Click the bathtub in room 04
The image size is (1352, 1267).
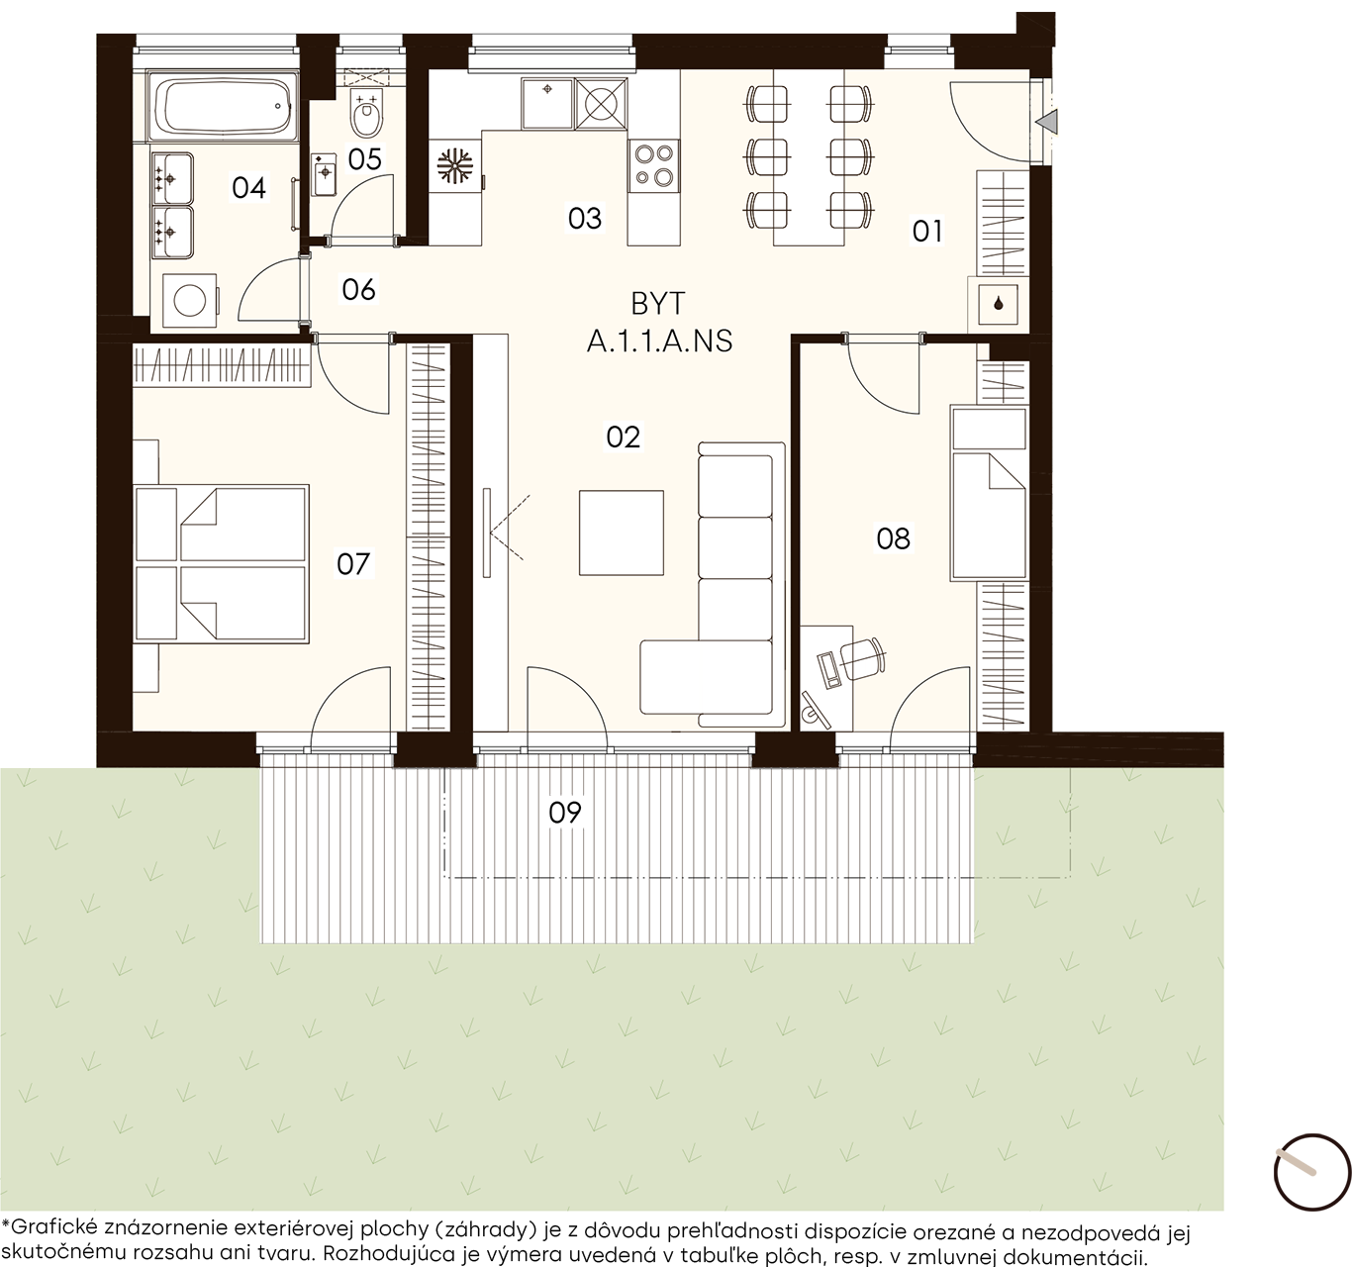[223, 107]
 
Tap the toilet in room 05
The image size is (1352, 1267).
[366, 114]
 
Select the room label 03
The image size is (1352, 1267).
[585, 219]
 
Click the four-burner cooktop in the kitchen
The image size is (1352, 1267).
[653, 166]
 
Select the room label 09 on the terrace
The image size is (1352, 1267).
[565, 813]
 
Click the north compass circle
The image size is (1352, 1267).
[1311, 1171]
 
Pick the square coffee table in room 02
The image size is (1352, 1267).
[621, 533]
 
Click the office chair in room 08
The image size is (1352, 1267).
[862, 658]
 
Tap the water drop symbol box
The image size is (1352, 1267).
[998, 304]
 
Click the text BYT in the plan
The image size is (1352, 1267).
[657, 304]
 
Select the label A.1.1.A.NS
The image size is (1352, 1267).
[659, 341]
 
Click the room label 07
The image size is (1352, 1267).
[353, 564]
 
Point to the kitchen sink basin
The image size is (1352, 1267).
[547, 104]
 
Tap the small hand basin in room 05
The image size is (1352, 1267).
[324, 173]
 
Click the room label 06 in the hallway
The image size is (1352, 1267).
[358, 290]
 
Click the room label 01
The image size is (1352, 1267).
[927, 232]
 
